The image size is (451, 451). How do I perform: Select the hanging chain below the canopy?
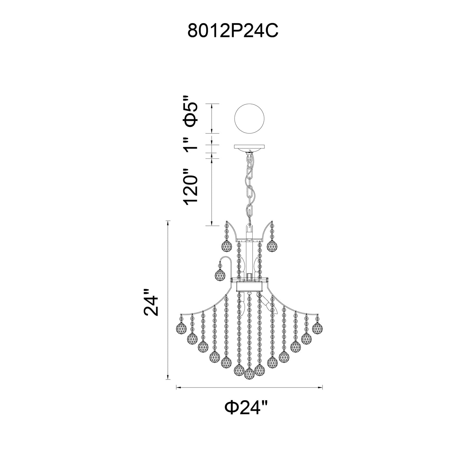(250, 187)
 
